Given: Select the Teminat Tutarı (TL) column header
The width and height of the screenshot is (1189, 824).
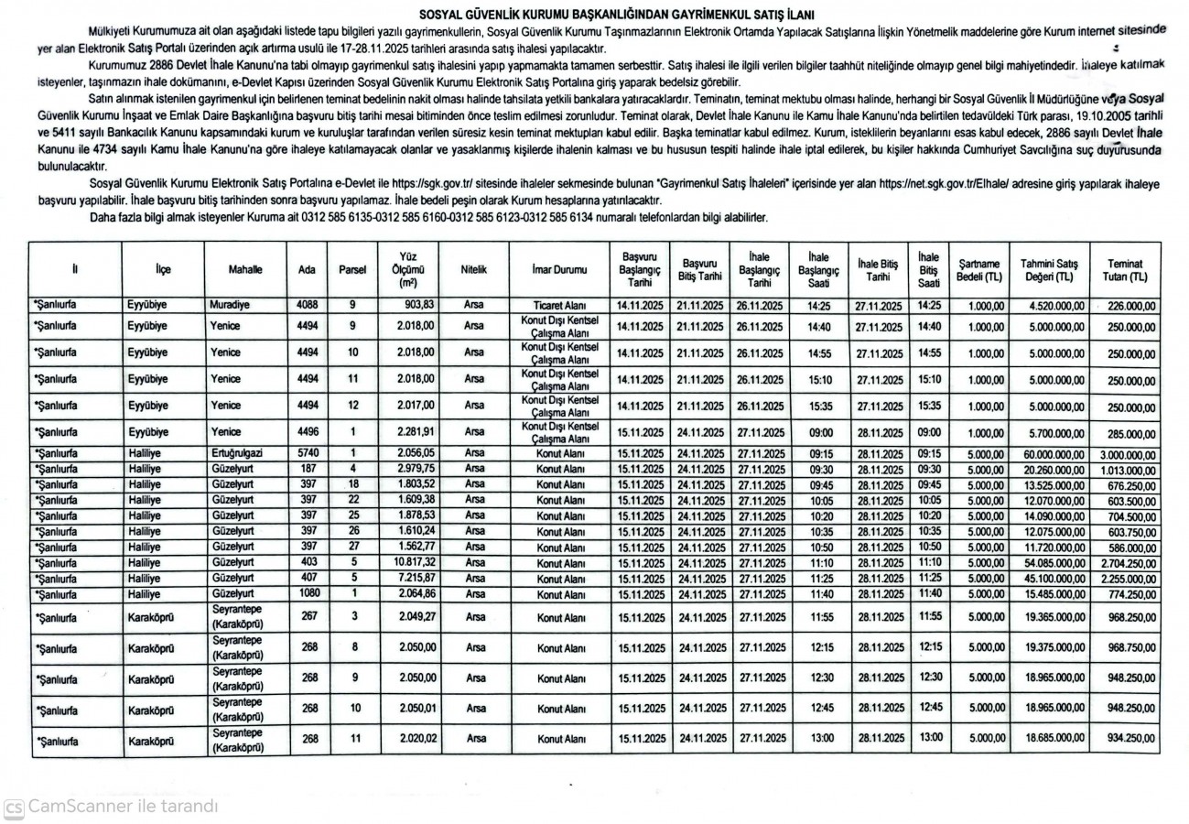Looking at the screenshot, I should pyautogui.click(x=1125, y=269).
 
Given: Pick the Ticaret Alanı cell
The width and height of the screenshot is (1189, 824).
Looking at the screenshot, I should pyautogui.click(x=558, y=304).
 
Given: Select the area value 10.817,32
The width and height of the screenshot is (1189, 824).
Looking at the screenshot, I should pyautogui.click(x=411, y=562).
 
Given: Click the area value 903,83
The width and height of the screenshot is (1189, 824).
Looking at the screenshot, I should pyautogui.click(x=413, y=303).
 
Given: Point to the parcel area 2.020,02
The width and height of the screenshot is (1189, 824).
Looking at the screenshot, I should pyautogui.click(x=413, y=737).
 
